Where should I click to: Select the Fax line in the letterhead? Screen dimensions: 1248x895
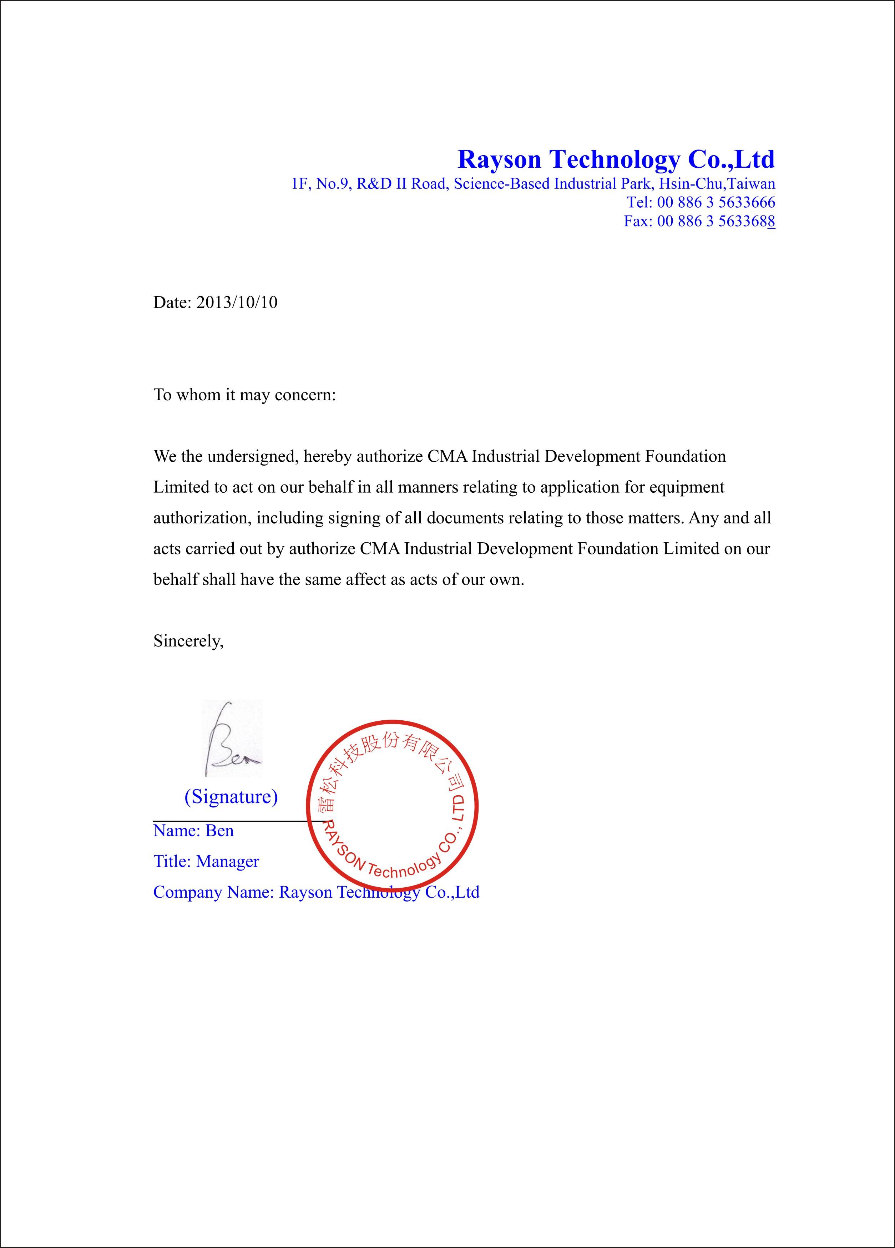[x=699, y=221]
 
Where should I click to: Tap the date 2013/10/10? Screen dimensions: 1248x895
[x=237, y=302]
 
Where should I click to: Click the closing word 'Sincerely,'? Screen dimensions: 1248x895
[x=188, y=641]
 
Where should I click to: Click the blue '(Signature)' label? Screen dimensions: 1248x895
[x=231, y=796]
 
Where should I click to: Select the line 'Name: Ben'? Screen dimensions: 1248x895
[x=193, y=830]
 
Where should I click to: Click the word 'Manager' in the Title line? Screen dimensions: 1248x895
[x=227, y=861]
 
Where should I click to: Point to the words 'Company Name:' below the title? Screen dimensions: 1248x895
[x=213, y=892]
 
